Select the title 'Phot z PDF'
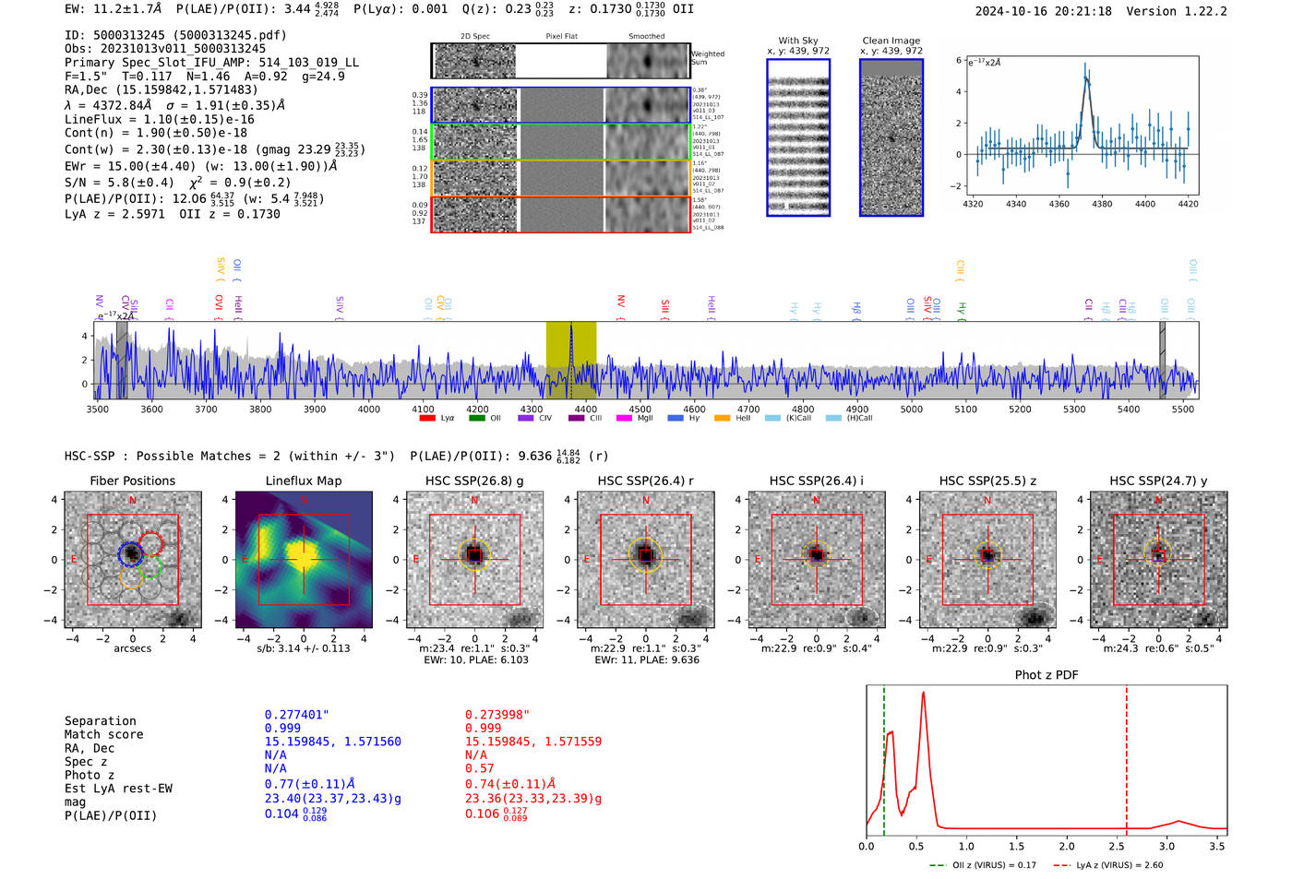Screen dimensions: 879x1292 (x=1047, y=675)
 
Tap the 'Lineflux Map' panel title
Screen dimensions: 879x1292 (x=304, y=481)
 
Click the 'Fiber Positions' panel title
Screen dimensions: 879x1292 (x=132, y=481)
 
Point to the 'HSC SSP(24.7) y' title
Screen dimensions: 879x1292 (x=1158, y=481)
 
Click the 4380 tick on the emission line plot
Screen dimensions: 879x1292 (x=1102, y=204)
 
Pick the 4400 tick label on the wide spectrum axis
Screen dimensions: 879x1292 (x=368, y=410)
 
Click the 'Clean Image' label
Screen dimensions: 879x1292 (x=891, y=41)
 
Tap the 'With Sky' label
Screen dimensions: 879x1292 (x=797, y=41)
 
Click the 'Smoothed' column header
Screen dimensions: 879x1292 (x=646, y=37)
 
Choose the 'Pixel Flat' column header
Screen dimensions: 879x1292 (x=561, y=37)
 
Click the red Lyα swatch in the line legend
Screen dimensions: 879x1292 (x=427, y=418)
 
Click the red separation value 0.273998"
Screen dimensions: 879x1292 (x=498, y=715)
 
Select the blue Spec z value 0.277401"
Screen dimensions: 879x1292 (x=297, y=715)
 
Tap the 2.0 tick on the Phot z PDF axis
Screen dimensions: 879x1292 (x=1066, y=846)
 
